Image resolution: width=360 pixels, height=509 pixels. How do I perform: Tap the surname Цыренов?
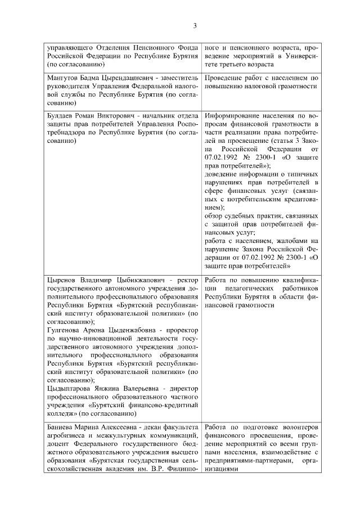coord(62,280)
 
